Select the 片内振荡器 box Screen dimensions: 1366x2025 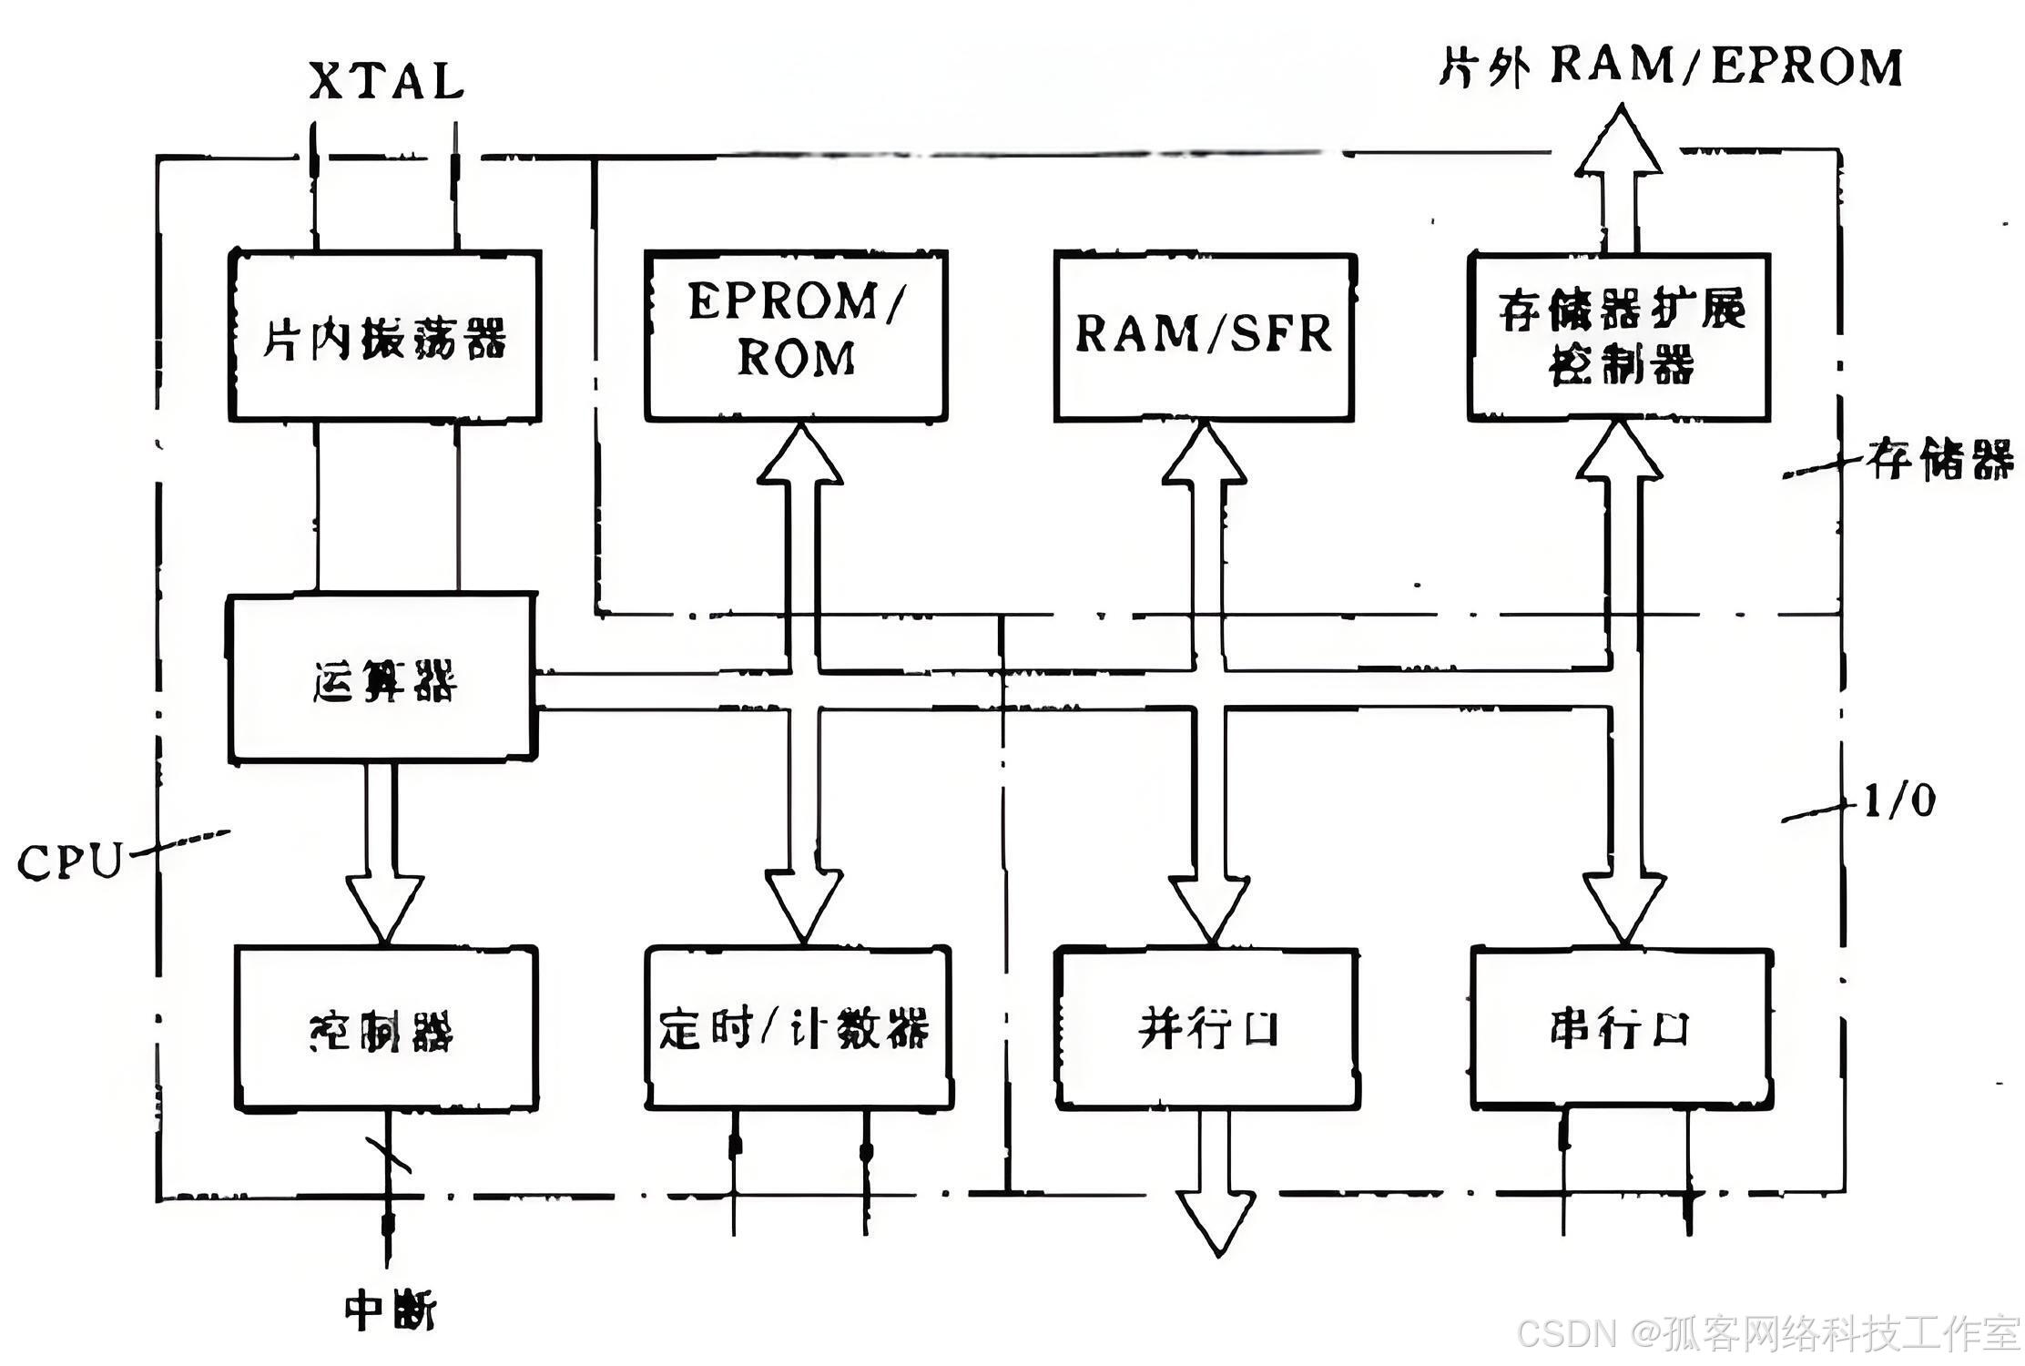click(x=384, y=336)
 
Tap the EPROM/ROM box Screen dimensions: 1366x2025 click(x=796, y=334)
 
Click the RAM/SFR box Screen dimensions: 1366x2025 click(x=1204, y=336)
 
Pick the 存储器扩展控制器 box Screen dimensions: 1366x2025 click(x=1619, y=337)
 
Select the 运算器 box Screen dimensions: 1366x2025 click(x=382, y=678)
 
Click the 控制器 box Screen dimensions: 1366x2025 click(x=386, y=1029)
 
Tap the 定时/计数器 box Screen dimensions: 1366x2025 click(x=798, y=1029)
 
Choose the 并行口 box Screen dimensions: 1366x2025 click(x=1207, y=1029)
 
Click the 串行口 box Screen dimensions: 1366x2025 click(x=1621, y=1029)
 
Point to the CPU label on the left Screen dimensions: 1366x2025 click(x=69, y=861)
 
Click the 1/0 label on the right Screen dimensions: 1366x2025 click(x=1899, y=801)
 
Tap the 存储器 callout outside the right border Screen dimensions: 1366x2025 click(x=1939, y=460)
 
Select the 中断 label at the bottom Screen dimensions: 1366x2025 click(x=389, y=1311)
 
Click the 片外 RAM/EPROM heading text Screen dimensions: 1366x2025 click(x=1671, y=66)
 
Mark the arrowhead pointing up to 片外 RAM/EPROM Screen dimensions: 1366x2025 click(x=1619, y=141)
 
